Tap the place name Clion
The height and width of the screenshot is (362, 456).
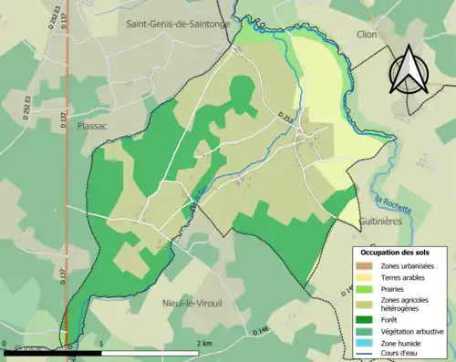pyautogui.click(x=368, y=36)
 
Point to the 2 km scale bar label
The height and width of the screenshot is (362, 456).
pyautogui.click(x=204, y=344)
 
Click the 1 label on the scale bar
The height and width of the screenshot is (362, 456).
pyautogui.click(x=102, y=344)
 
